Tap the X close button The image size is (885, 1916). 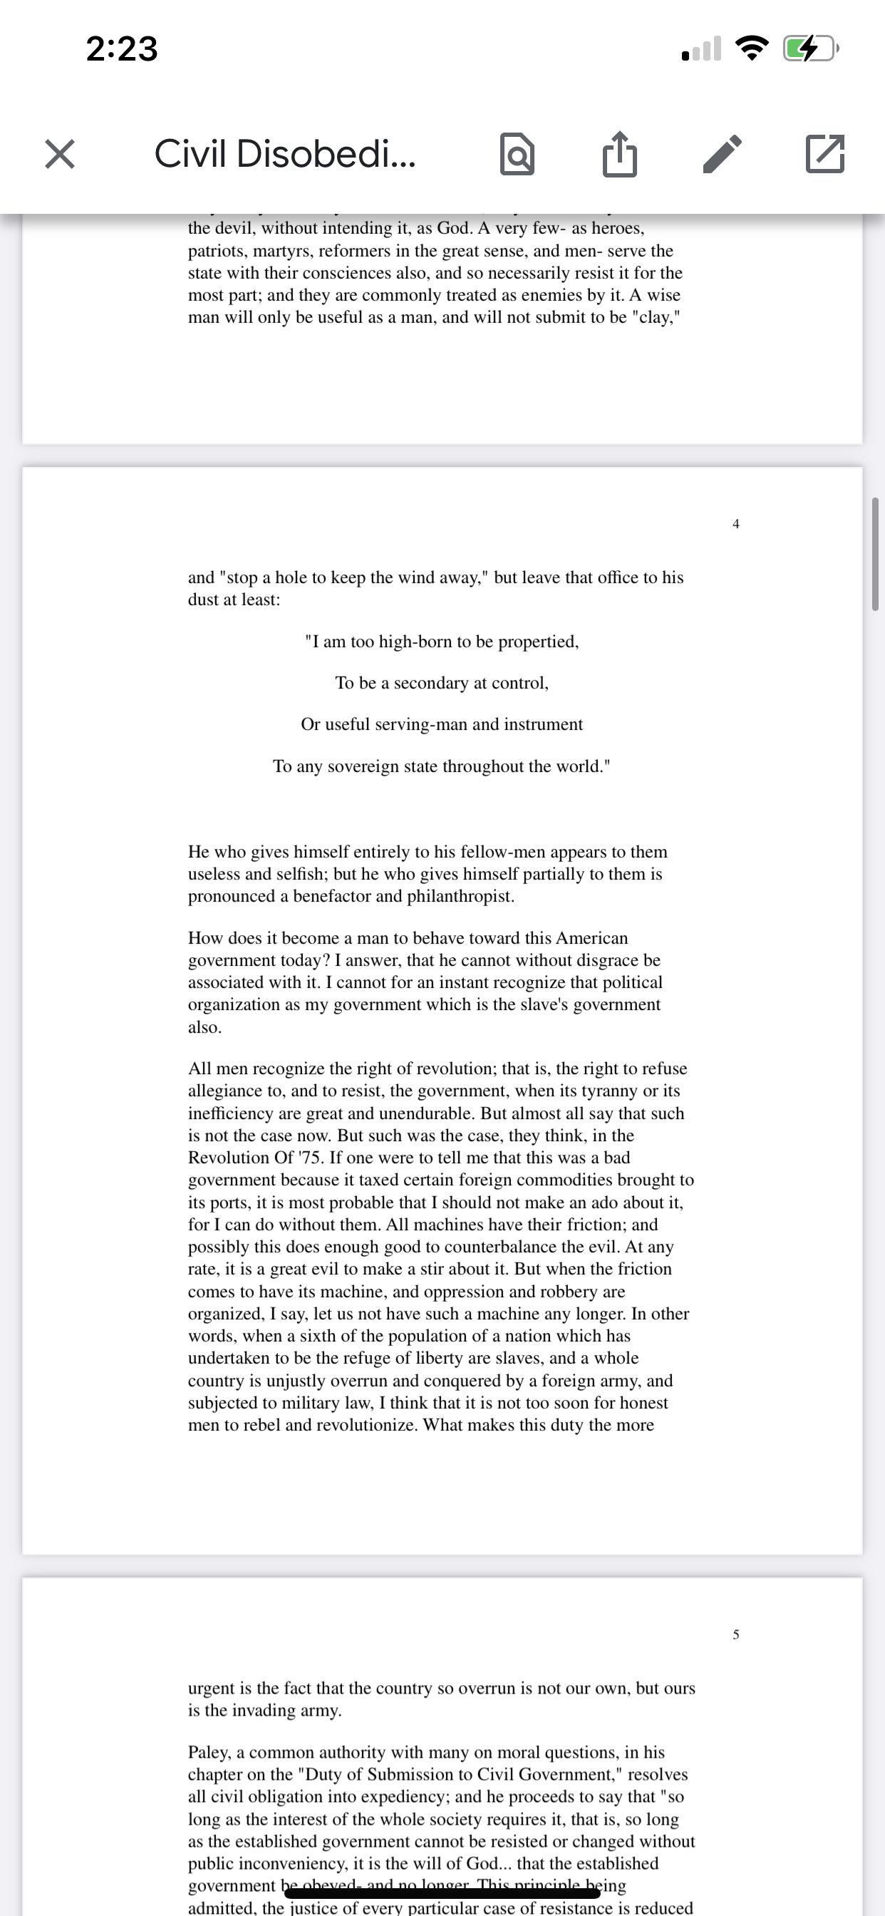(x=59, y=154)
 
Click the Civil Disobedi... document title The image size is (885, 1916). (x=284, y=154)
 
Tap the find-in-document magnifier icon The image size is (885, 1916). (x=517, y=154)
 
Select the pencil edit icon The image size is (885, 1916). (x=722, y=154)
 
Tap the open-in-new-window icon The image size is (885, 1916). (x=824, y=154)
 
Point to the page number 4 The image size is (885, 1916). (x=735, y=524)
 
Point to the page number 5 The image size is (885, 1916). (x=735, y=1634)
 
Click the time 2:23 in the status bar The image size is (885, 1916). (x=122, y=49)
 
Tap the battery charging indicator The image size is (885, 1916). (x=810, y=49)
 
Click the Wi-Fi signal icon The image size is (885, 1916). (x=752, y=49)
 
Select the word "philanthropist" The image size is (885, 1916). (x=460, y=896)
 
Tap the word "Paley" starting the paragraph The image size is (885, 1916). (x=209, y=1752)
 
